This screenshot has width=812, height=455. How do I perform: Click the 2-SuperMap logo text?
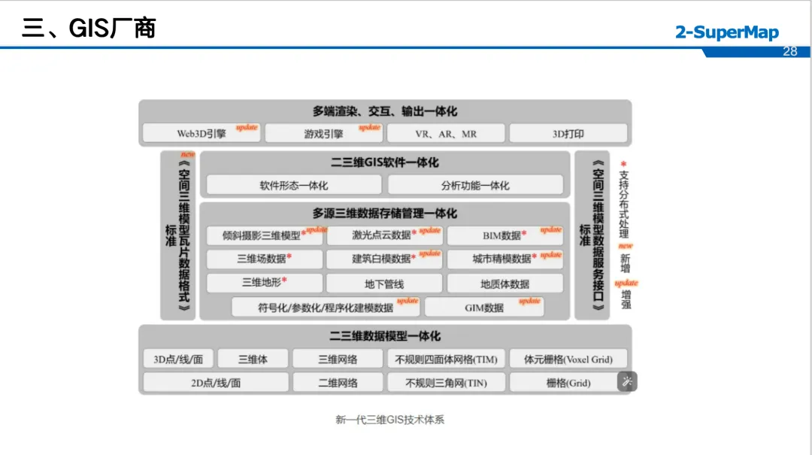[726, 32]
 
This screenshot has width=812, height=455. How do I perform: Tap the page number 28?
[789, 51]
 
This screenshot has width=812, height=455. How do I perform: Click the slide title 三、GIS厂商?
[89, 29]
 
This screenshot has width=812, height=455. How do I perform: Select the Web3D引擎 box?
[201, 134]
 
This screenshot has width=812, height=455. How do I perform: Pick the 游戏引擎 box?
[324, 134]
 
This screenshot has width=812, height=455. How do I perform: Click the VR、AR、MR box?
[446, 134]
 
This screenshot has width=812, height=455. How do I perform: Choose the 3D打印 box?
[568, 134]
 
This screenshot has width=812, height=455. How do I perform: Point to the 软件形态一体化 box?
[294, 185]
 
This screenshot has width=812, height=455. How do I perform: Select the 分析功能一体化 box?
[475, 185]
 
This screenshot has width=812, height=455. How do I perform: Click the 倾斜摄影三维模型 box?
[265, 235]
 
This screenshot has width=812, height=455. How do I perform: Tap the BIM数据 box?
[504, 235]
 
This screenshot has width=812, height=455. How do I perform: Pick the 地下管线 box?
[384, 284]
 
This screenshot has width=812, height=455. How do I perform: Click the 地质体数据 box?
[504, 284]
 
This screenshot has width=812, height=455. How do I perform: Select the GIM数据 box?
[484, 307]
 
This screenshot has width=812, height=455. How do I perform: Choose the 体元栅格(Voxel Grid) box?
[568, 359]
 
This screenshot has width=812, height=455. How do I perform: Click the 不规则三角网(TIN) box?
[446, 383]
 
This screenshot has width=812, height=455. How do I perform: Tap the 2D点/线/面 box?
[216, 383]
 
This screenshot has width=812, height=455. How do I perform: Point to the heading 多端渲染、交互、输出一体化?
[384, 111]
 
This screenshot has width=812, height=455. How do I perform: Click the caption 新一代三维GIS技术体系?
[389, 420]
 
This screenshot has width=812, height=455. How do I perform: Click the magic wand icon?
[627, 382]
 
